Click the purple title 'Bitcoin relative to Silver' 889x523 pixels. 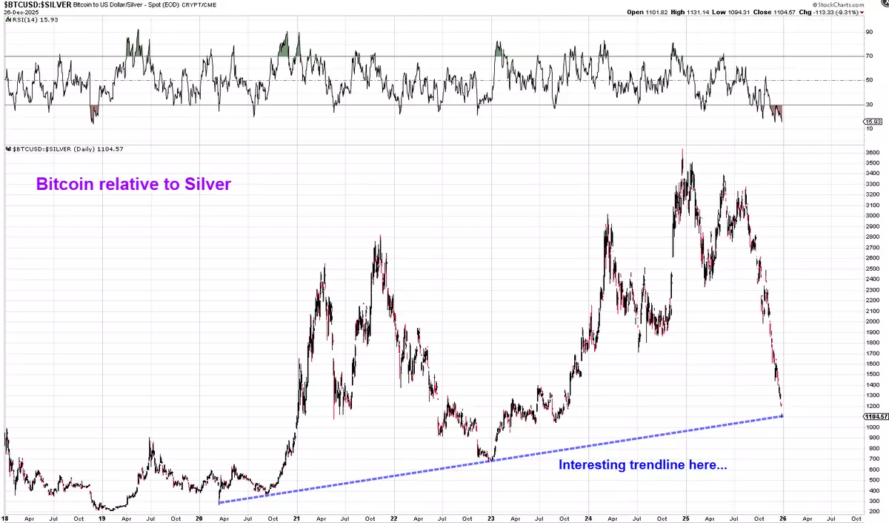[133, 184]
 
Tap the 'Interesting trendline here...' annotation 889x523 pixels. [642, 465]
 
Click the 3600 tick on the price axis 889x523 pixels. [872, 153]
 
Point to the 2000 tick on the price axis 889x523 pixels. [872, 321]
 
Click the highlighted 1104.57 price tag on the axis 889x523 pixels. [873, 416]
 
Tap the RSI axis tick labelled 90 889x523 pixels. [868, 32]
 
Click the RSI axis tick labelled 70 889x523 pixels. [868, 56]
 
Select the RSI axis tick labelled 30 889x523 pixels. [868, 105]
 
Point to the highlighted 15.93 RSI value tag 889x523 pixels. [873, 121]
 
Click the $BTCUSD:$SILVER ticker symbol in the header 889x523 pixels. [36, 4]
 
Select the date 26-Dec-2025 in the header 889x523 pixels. [21, 12]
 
